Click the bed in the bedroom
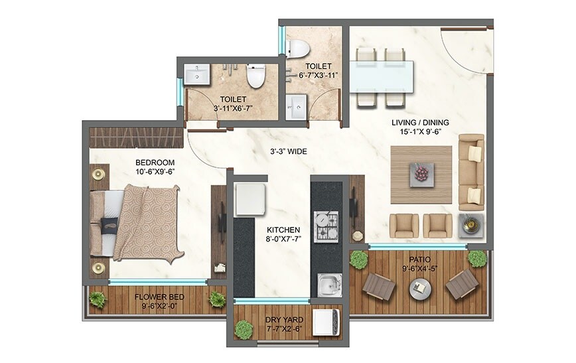point(136,223)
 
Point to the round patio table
point(420,287)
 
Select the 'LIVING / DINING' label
point(420,122)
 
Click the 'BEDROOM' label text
point(155,163)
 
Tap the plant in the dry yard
point(245,328)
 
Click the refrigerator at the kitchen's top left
point(250,198)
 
